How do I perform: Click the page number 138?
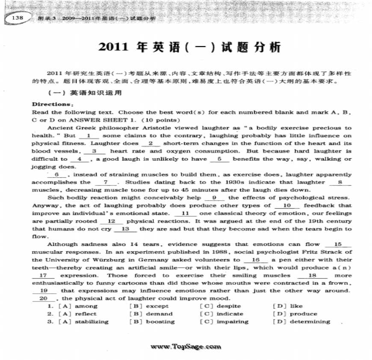point(18,18)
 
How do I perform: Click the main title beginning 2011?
point(190,47)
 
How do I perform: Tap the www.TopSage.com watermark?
point(186,347)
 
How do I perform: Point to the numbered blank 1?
point(87,136)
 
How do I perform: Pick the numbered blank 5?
point(221,159)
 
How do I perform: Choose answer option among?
point(86,306)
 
